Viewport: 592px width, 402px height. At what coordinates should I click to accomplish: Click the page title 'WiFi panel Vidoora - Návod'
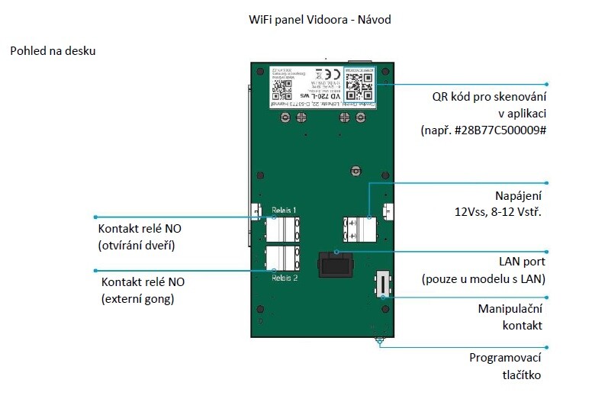(320, 19)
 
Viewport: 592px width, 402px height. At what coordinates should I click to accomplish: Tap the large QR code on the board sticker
(359, 85)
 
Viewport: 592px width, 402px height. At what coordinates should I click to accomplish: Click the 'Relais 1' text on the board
(285, 209)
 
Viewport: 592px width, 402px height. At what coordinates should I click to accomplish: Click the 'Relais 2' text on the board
(285, 278)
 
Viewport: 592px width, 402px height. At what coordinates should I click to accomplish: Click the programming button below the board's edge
(378, 341)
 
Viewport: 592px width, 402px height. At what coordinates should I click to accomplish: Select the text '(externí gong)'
(138, 298)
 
